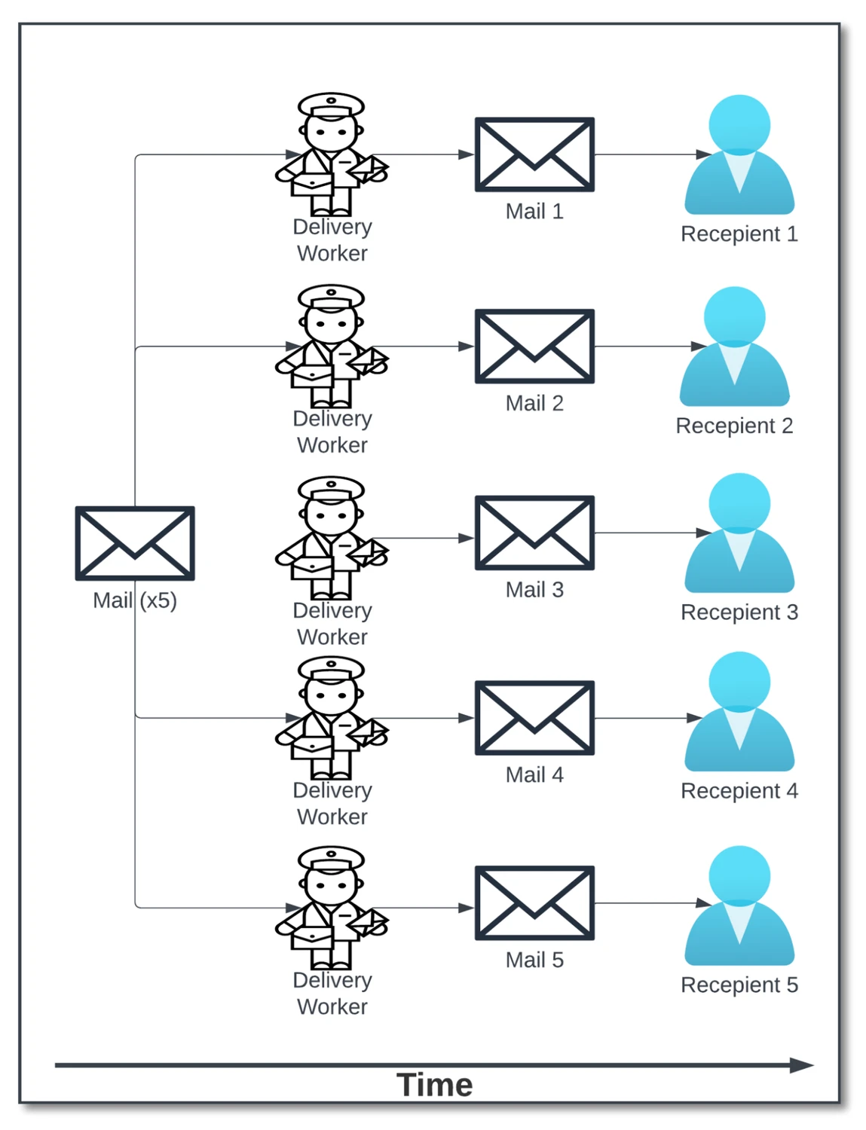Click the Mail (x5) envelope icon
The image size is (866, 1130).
[x=135, y=543]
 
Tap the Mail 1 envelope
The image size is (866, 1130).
[x=534, y=154]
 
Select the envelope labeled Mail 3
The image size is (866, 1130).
[x=534, y=533]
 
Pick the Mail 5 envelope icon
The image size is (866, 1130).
[x=534, y=902]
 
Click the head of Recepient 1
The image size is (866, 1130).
[x=739, y=124]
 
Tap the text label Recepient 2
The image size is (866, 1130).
[x=734, y=426]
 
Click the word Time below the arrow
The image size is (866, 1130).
[x=434, y=1086]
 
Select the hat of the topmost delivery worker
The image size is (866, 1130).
[x=331, y=105]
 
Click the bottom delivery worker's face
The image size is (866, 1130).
[x=331, y=884]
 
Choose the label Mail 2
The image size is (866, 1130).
[x=534, y=403]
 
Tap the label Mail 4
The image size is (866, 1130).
[x=534, y=774]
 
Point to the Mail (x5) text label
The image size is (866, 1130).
[x=135, y=600]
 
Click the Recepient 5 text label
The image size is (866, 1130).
[x=739, y=985]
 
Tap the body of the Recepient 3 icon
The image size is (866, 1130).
[x=739, y=565]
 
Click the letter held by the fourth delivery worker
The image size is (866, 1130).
[x=369, y=732]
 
